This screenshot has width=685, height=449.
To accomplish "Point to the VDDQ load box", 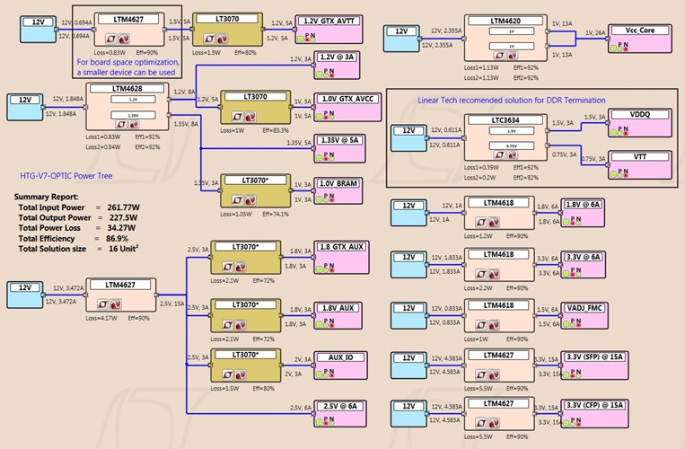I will [x=639, y=120].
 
